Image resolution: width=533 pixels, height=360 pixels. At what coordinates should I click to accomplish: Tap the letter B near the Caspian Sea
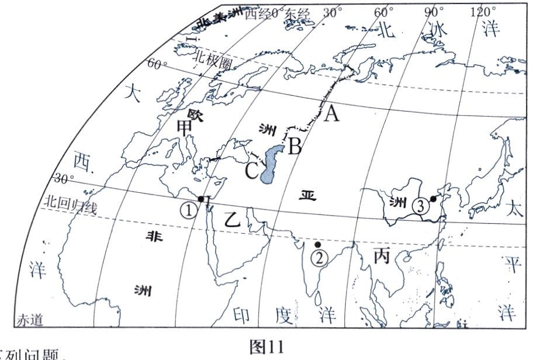(x=295, y=145)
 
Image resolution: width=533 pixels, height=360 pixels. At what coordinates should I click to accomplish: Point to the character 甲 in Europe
(x=185, y=127)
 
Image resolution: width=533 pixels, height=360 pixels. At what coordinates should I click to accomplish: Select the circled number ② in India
(x=319, y=257)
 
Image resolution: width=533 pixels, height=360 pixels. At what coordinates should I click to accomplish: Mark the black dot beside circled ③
(x=434, y=199)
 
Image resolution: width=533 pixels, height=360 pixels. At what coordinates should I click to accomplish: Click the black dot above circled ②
(x=317, y=244)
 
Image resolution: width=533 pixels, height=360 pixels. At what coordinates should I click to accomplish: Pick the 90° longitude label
(x=434, y=11)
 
